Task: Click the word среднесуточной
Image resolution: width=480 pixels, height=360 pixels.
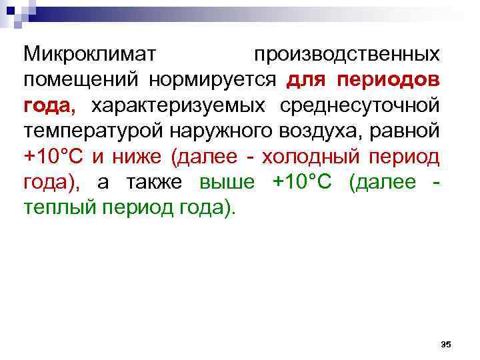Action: [x=359, y=105]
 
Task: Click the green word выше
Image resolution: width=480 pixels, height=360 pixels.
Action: [x=227, y=183]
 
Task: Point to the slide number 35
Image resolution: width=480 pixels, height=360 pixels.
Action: [x=446, y=344]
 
